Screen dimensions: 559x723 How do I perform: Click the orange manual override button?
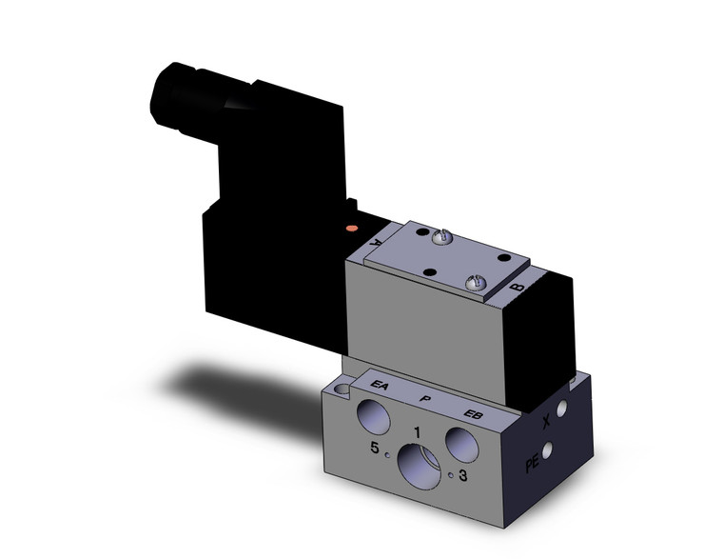tap(353, 229)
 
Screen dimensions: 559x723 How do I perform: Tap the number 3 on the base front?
tap(462, 476)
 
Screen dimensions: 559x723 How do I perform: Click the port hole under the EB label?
tap(462, 443)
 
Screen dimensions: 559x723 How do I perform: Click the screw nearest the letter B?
tap(478, 281)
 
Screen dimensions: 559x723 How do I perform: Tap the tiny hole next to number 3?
tap(448, 473)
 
